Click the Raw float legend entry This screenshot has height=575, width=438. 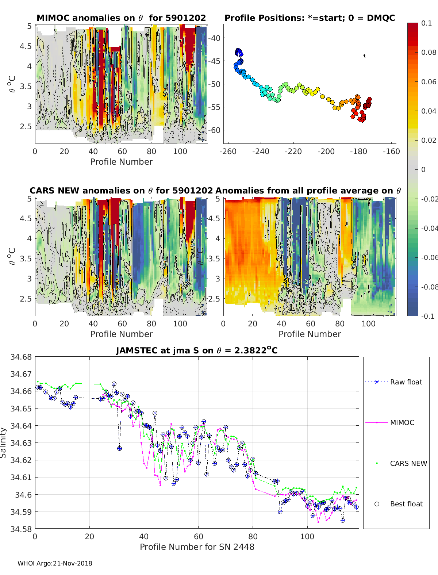click(x=406, y=382)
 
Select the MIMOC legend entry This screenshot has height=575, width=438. click(x=402, y=423)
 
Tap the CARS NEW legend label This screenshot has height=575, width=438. click(x=408, y=464)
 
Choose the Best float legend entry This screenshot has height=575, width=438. click(x=406, y=504)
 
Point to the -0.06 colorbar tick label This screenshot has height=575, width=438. click(x=429, y=258)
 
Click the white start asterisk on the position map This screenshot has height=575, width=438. click(x=238, y=54)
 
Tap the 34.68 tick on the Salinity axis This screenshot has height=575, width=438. click(x=21, y=357)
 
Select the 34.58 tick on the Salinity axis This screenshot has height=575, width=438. click(x=21, y=529)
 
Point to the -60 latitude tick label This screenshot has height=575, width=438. click(x=214, y=130)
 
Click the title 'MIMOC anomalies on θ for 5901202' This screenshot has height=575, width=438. click(x=121, y=18)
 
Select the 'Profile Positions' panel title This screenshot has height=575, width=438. click(x=310, y=18)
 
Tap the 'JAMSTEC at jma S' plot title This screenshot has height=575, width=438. click(x=197, y=351)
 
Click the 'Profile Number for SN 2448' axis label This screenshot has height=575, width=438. click(x=197, y=547)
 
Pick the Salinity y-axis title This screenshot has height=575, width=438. click(x=4, y=442)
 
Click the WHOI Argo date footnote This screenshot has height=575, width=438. click(x=55, y=564)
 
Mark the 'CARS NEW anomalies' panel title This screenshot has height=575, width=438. click(x=121, y=191)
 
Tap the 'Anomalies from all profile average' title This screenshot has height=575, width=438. click(x=308, y=191)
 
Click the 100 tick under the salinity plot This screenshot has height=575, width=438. click(x=307, y=537)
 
